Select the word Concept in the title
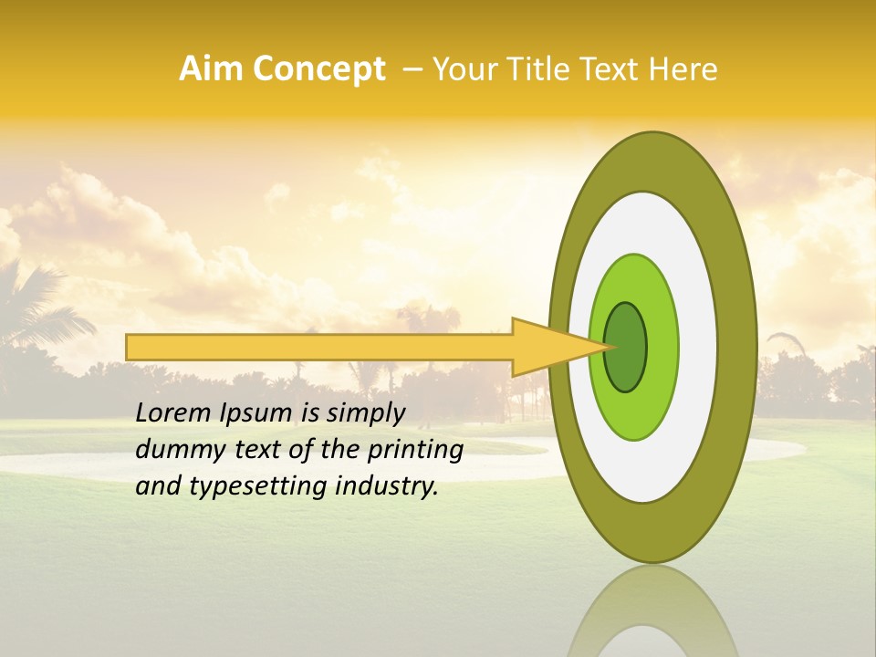click(317, 69)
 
